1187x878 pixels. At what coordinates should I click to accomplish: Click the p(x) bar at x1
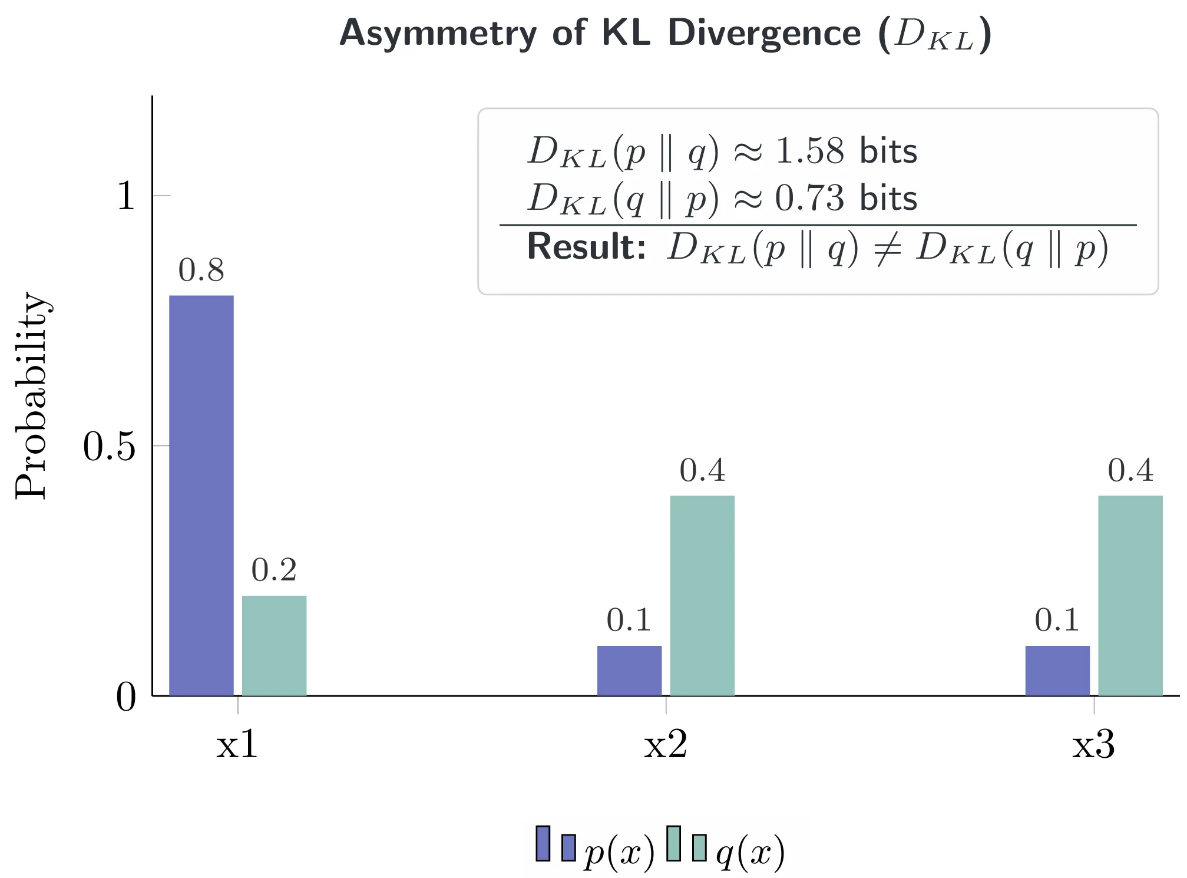[201, 495]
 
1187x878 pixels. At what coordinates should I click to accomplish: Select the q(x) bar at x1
[275, 645]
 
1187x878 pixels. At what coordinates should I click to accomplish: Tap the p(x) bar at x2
[629, 671]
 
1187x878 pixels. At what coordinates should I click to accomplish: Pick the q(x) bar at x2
[702, 595]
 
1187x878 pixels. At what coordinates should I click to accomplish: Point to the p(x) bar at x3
[1057, 671]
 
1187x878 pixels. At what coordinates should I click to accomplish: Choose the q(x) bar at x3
[1130, 595]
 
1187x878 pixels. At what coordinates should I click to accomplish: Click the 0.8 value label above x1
[201, 270]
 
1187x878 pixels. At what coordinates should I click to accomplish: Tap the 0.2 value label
[275, 570]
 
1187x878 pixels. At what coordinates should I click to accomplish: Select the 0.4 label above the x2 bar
[702, 470]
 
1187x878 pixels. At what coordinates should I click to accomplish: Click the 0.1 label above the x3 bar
[1057, 620]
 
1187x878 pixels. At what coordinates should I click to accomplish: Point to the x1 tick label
[237, 745]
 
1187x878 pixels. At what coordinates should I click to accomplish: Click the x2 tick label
[666, 745]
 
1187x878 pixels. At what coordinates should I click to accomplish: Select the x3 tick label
[1094, 745]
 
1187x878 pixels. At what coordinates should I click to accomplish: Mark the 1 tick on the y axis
[125, 196]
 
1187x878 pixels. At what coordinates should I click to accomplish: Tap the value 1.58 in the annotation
[810, 151]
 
